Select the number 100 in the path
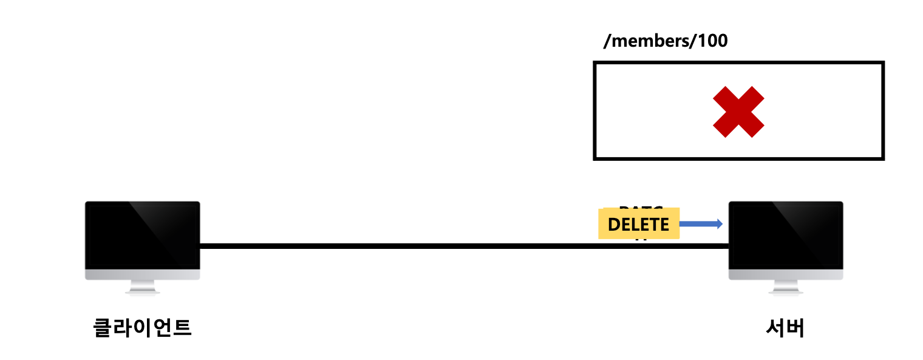coord(713,41)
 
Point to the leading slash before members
coord(606,41)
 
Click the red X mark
coord(738,112)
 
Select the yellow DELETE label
coord(638,224)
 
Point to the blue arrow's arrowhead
coord(720,224)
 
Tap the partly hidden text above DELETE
coord(641,207)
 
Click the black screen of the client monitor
coord(143,235)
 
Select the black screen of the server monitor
coord(786,235)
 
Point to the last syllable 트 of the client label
coord(183,328)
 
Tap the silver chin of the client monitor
coord(143,274)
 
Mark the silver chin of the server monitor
coord(786,274)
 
